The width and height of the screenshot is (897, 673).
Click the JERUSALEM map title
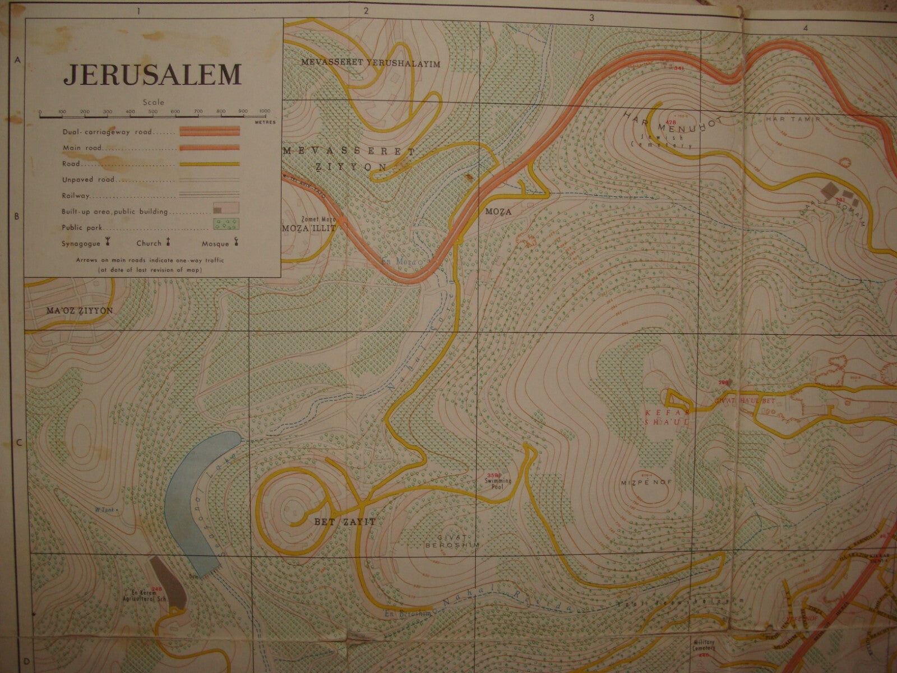tap(152, 74)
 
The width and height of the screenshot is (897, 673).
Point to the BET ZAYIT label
tap(336, 522)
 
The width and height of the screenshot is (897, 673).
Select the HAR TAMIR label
tap(785, 119)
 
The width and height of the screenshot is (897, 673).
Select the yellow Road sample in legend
tap(209, 164)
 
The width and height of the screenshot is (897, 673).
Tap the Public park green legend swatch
tap(226, 224)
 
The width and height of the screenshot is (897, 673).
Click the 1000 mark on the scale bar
tap(265, 112)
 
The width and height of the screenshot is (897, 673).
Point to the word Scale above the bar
tap(153, 103)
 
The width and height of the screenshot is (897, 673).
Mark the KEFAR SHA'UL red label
tap(665, 416)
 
